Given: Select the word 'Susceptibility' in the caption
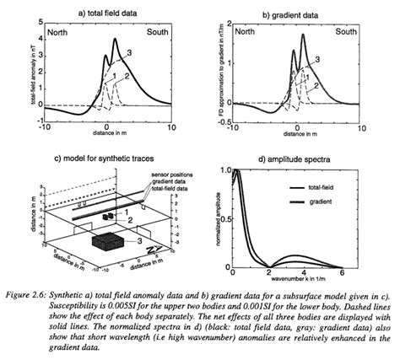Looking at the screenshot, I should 66,298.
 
